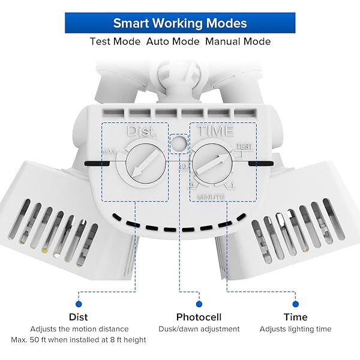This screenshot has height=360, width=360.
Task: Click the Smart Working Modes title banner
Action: pos(180,23)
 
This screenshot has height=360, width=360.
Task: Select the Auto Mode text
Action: pos(173,41)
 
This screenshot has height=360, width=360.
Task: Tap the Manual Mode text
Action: pos(238,41)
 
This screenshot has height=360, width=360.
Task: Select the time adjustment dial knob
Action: pos(213,161)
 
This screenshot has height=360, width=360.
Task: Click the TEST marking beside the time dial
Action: pos(244,146)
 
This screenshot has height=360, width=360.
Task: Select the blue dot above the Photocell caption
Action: pos(199,304)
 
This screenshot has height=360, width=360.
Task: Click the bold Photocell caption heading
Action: pos(199,317)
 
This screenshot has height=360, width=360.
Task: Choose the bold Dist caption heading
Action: pos(78,317)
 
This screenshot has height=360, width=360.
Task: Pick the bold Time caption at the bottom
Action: pos(295,317)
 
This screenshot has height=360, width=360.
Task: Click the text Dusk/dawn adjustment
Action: pos(199,329)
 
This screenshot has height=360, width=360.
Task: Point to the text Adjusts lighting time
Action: pos(295,329)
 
